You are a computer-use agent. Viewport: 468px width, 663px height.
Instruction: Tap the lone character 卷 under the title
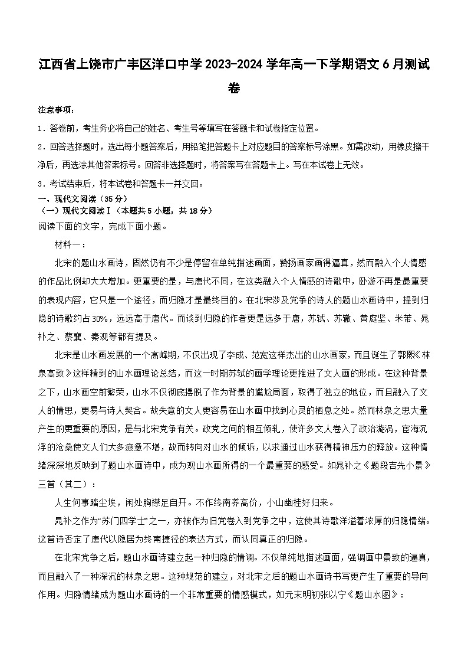234,88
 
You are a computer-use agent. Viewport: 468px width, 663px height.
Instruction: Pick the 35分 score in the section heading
113,198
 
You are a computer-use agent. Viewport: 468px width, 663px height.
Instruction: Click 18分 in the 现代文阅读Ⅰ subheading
197,210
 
